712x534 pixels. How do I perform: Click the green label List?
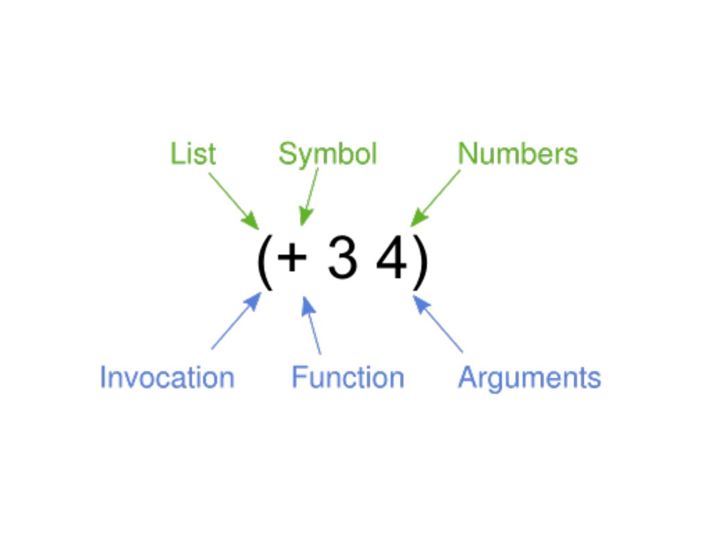tap(193, 154)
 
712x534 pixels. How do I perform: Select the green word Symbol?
tap(327, 154)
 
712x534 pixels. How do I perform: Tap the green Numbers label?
tap(517, 154)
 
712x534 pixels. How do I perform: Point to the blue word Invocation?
tap(167, 378)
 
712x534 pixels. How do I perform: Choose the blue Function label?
tap(348, 378)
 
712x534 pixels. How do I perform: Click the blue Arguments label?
tap(529, 378)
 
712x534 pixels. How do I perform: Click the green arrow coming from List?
tap(234, 200)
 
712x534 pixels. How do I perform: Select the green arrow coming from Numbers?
tap(435, 197)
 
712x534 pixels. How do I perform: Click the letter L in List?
tap(175, 154)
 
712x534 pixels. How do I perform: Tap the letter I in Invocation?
tap(103, 378)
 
